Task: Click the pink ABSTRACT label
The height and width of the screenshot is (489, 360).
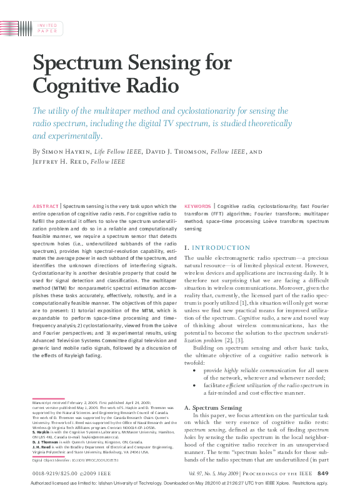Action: (45, 205)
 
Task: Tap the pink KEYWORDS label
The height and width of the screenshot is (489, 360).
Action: (197, 205)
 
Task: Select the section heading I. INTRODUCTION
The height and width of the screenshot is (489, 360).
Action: (217, 248)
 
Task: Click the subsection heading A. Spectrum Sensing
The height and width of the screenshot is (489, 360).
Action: (213, 407)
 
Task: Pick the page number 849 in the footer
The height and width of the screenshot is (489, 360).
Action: (322, 473)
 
